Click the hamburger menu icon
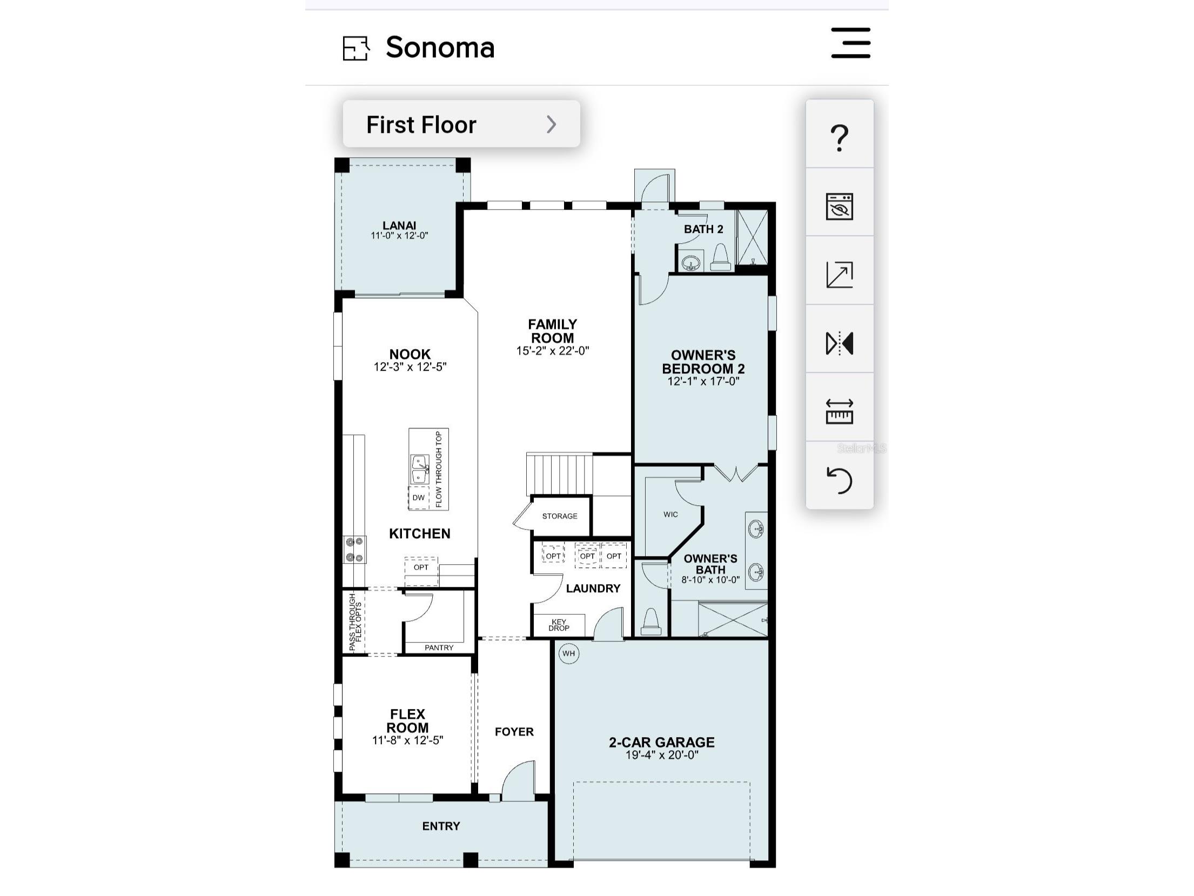click(850, 43)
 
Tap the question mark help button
click(839, 137)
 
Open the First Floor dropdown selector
click(461, 124)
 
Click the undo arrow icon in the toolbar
click(840, 480)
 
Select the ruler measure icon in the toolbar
click(840, 411)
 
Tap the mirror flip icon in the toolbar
click(840, 343)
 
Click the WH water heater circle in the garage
click(569, 653)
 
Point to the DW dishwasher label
click(419, 498)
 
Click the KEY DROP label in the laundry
click(559, 625)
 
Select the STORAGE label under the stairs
click(560, 516)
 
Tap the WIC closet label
click(670, 514)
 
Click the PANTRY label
click(439, 647)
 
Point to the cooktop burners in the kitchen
click(354, 550)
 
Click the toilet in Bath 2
click(721, 257)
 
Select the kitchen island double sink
click(420, 469)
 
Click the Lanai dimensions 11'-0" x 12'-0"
click(399, 236)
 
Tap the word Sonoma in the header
click(440, 48)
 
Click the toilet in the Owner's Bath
click(651, 621)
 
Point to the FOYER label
click(514, 732)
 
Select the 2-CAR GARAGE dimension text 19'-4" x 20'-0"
click(662, 755)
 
